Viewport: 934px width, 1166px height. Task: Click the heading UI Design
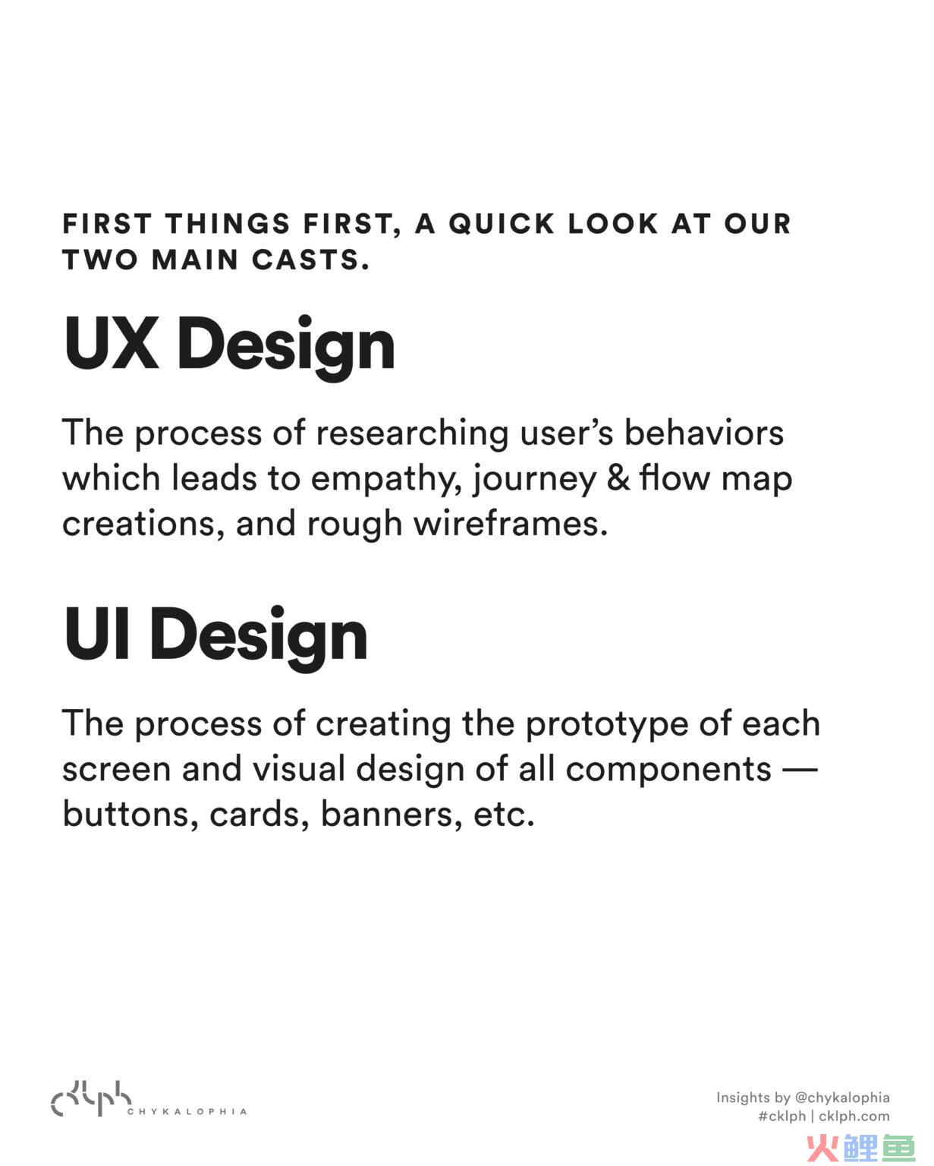215,637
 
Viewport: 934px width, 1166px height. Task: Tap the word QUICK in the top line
502,224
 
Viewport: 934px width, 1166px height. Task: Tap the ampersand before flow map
618,478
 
